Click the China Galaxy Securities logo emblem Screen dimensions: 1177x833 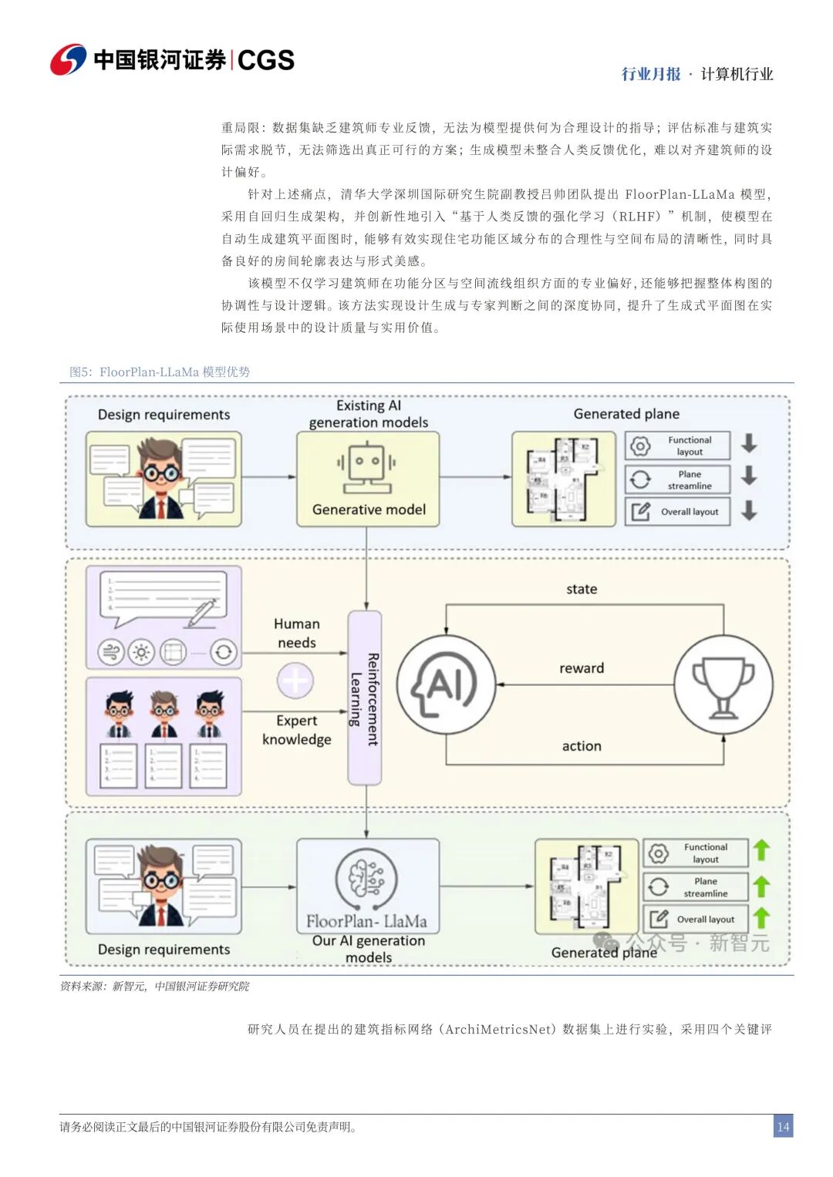69,59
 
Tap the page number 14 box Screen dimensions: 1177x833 783,1126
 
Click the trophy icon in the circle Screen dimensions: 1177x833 723,684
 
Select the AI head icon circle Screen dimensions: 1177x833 447,684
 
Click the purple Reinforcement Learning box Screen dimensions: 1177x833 365,698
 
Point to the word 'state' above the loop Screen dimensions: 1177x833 582,589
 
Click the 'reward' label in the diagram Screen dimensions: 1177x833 582,668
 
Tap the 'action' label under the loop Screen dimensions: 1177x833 582,746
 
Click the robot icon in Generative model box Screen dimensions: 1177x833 367,467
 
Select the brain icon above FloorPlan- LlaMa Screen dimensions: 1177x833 366,879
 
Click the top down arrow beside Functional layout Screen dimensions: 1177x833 749,443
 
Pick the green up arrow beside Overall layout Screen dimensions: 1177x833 761,918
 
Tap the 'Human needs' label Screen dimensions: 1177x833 297,633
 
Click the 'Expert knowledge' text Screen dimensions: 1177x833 297,730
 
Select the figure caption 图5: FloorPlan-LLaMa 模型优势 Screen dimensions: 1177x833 160,372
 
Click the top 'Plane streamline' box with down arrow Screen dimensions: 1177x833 678,479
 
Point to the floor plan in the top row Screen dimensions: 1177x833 563,479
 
